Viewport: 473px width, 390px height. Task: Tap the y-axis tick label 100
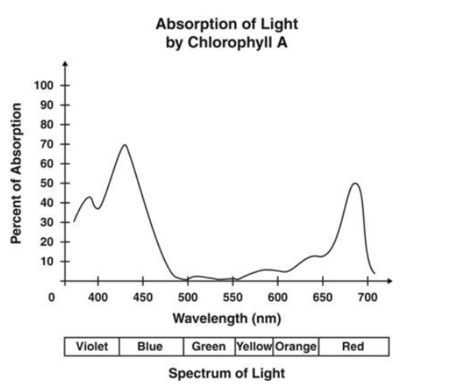44,86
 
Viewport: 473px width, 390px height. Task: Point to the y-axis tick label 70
47,145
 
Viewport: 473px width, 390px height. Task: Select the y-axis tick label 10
47,261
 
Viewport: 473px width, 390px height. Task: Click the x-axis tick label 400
98,297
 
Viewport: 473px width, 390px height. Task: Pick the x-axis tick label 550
233,297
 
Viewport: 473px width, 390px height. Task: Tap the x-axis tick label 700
368,297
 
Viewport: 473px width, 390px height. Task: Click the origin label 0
52,297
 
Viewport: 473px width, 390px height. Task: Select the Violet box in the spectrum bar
92,346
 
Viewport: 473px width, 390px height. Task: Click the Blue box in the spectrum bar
151,346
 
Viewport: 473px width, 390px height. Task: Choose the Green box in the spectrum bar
209,346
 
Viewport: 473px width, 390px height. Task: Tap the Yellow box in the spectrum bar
254,346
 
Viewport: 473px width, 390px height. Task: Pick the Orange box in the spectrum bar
296,346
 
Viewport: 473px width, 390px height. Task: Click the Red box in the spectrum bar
354,346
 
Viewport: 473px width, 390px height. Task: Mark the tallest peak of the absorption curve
124,145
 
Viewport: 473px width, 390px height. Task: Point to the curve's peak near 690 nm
356,183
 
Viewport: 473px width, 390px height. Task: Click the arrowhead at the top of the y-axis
65,64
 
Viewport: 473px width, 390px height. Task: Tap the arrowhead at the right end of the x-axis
390,281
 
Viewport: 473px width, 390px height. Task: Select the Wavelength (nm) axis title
227,319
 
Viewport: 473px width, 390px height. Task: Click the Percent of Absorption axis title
16,174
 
